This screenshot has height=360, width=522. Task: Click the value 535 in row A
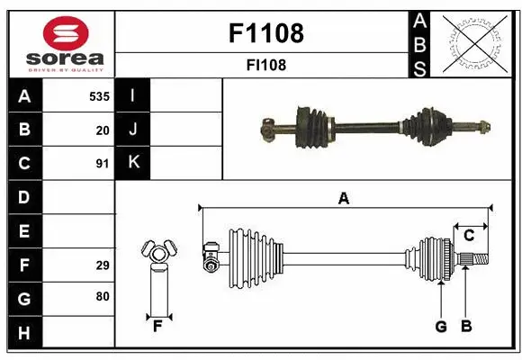[98, 95]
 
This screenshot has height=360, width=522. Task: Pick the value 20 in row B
[102, 130]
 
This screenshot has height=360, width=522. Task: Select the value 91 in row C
[102, 163]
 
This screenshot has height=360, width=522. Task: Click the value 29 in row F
[102, 265]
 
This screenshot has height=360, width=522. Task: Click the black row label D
[24, 197]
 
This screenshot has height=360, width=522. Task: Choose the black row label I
[133, 95]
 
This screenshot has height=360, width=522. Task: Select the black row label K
[133, 163]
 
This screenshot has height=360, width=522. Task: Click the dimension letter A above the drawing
[343, 199]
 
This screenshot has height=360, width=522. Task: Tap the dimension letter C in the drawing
[469, 236]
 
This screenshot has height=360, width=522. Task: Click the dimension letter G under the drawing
[441, 327]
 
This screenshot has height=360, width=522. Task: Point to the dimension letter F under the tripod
[157, 327]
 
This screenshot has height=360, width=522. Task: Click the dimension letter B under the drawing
[465, 327]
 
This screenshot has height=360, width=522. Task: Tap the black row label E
[24, 230]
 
